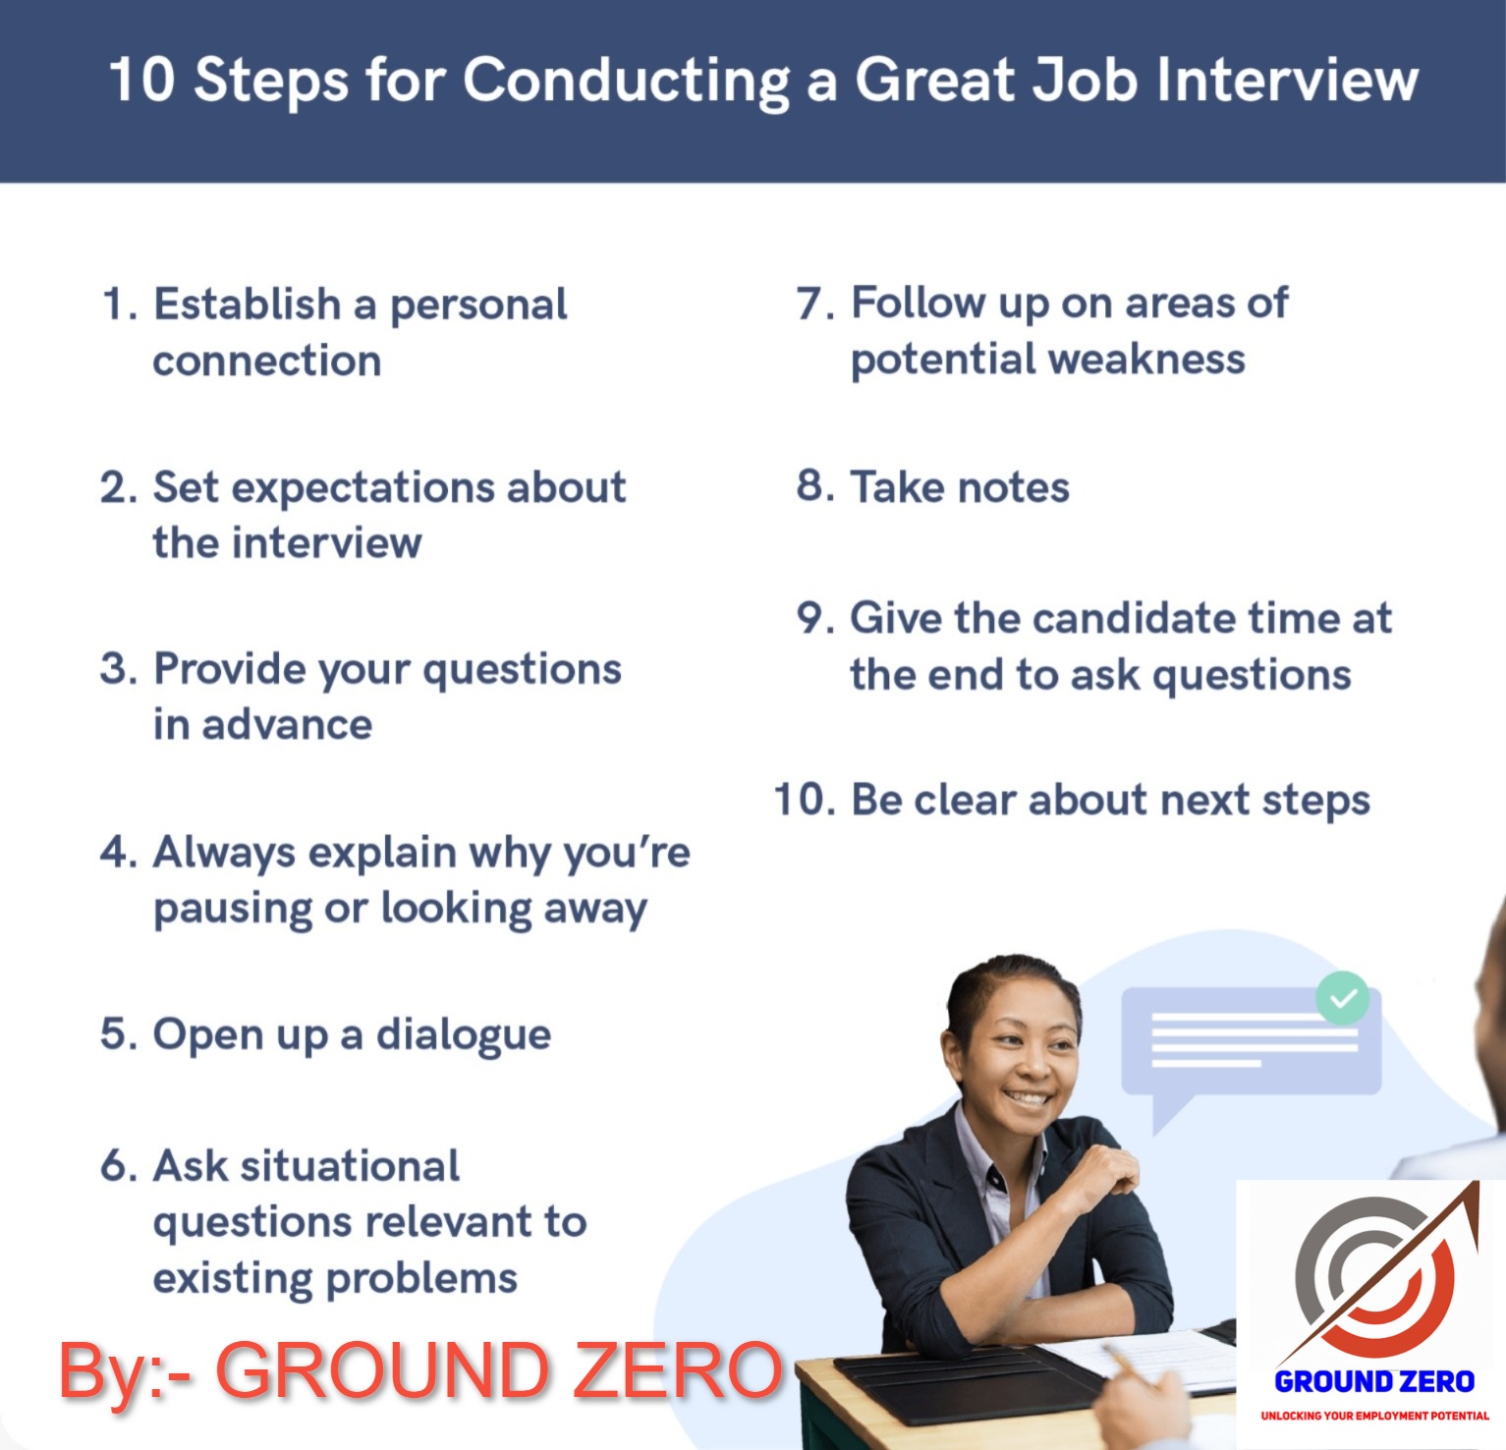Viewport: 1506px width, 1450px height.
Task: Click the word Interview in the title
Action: (1287, 80)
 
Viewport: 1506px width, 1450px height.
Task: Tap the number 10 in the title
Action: (141, 80)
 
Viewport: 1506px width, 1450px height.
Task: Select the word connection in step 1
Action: (266, 361)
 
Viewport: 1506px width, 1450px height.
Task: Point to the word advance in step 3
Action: (288, 725)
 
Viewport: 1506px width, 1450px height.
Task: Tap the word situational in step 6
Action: (350, 1166)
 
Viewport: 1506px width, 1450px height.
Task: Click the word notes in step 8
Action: (1014, 487)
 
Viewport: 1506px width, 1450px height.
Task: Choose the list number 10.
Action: (804, 800)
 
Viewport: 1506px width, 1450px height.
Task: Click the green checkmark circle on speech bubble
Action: (1343, 998)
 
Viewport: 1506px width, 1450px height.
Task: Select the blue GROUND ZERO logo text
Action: (1374, 1382)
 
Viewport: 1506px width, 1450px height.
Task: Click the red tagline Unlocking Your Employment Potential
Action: (1374, 1416)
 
